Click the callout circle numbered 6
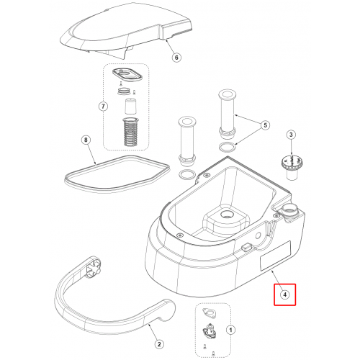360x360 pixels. (x=176, y=58)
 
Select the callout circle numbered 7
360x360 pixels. (x=103, y=106)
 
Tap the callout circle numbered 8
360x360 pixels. (x=86, y=140)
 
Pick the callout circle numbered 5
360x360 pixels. (x=265, y=125)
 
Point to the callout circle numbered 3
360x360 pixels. (x=291, y=135)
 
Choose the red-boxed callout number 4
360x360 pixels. (x=285, y=294)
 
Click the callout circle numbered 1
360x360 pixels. (x=231, y=330)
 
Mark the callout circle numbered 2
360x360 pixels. (x=159, y=345)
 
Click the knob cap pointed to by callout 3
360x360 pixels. (x=291, y=167)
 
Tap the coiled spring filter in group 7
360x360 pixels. (x=130, y=132)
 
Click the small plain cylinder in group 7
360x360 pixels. (x=130, y=106)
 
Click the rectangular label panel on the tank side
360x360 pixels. (x=276, y=256)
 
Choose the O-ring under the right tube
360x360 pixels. (x=228, y=146)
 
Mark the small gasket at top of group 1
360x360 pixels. (x=210, y=312)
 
